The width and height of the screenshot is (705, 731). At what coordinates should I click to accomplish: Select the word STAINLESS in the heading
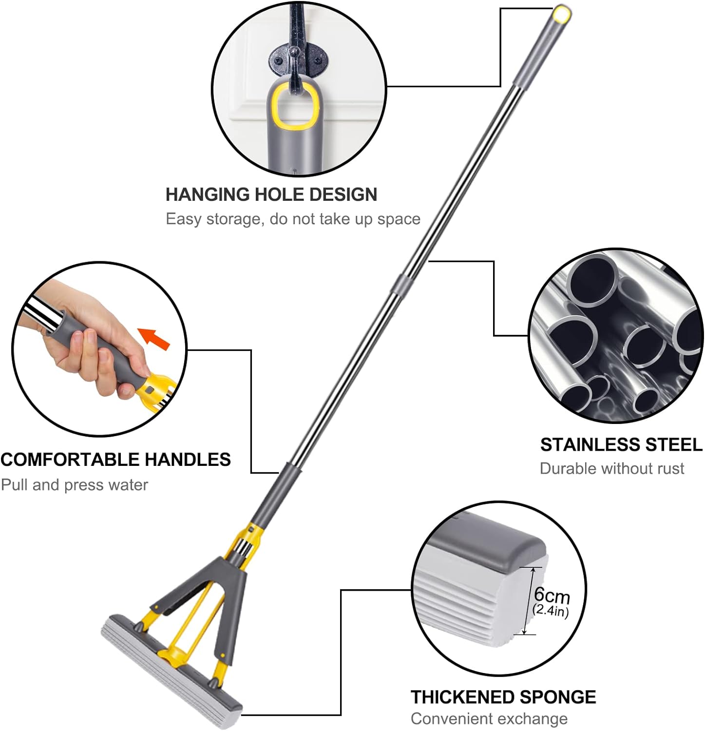[590, 444]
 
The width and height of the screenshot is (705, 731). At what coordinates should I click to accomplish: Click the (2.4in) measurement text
[551, 610]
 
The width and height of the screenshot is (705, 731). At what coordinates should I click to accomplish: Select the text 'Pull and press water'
[75, 485]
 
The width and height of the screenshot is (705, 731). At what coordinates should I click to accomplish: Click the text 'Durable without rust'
[612, 468]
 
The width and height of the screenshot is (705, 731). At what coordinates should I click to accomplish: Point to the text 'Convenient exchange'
[489, 718]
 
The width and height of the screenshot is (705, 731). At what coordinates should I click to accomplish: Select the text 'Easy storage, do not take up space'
[293, 219]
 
